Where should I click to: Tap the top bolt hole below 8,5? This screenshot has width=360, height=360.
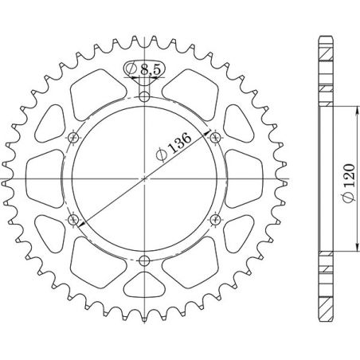pos(144,97)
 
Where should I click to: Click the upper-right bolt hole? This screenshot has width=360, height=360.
pos(215,138)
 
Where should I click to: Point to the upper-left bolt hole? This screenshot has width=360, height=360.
pos(74,138)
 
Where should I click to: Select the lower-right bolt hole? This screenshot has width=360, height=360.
pos(215,219)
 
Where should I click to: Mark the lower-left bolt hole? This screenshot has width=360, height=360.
pos(74,219)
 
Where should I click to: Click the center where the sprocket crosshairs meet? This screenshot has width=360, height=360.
pos(144,178)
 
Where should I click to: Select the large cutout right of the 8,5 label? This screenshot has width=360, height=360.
pos(193,92)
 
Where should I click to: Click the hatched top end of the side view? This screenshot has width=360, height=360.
pos(325,48)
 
